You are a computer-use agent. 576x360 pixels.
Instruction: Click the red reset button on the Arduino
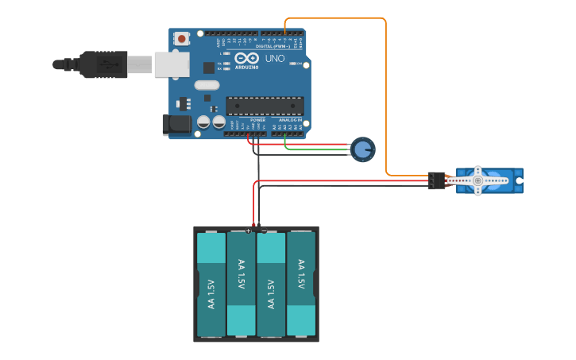182,38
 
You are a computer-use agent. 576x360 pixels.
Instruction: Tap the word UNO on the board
274,58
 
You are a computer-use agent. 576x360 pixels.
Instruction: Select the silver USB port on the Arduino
172,64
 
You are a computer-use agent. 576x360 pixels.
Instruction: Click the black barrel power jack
176,123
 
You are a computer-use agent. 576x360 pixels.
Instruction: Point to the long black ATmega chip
265,106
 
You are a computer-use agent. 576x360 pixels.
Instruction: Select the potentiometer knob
363,149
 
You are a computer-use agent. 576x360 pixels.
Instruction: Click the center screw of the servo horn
477,180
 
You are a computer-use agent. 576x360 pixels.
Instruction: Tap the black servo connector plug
436,180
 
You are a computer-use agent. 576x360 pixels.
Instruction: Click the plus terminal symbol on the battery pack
249,230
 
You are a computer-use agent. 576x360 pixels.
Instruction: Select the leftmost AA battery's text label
211,294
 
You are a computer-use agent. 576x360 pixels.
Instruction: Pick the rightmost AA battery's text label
301,274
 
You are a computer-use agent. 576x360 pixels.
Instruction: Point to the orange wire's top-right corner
385,20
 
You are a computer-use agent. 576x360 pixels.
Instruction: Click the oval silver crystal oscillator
207,85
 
